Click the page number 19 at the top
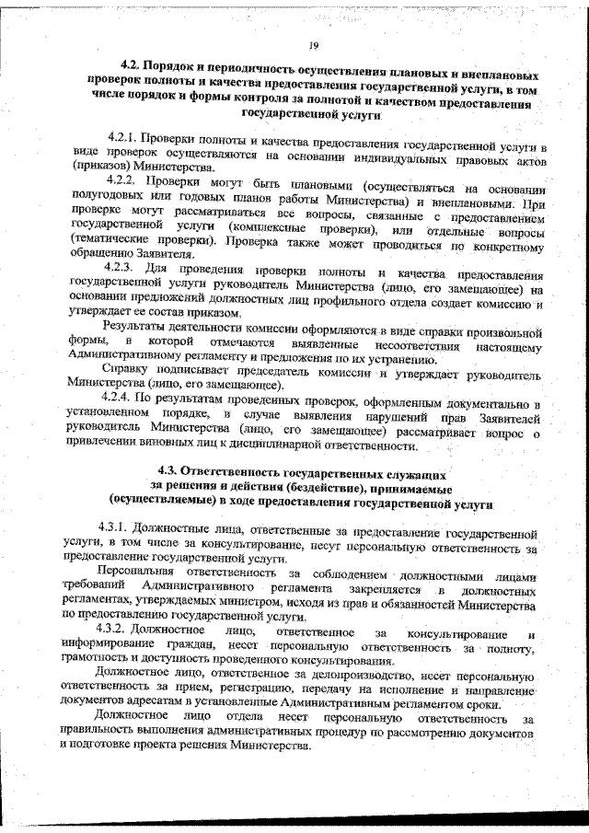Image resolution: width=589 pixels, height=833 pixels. [313, 45]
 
